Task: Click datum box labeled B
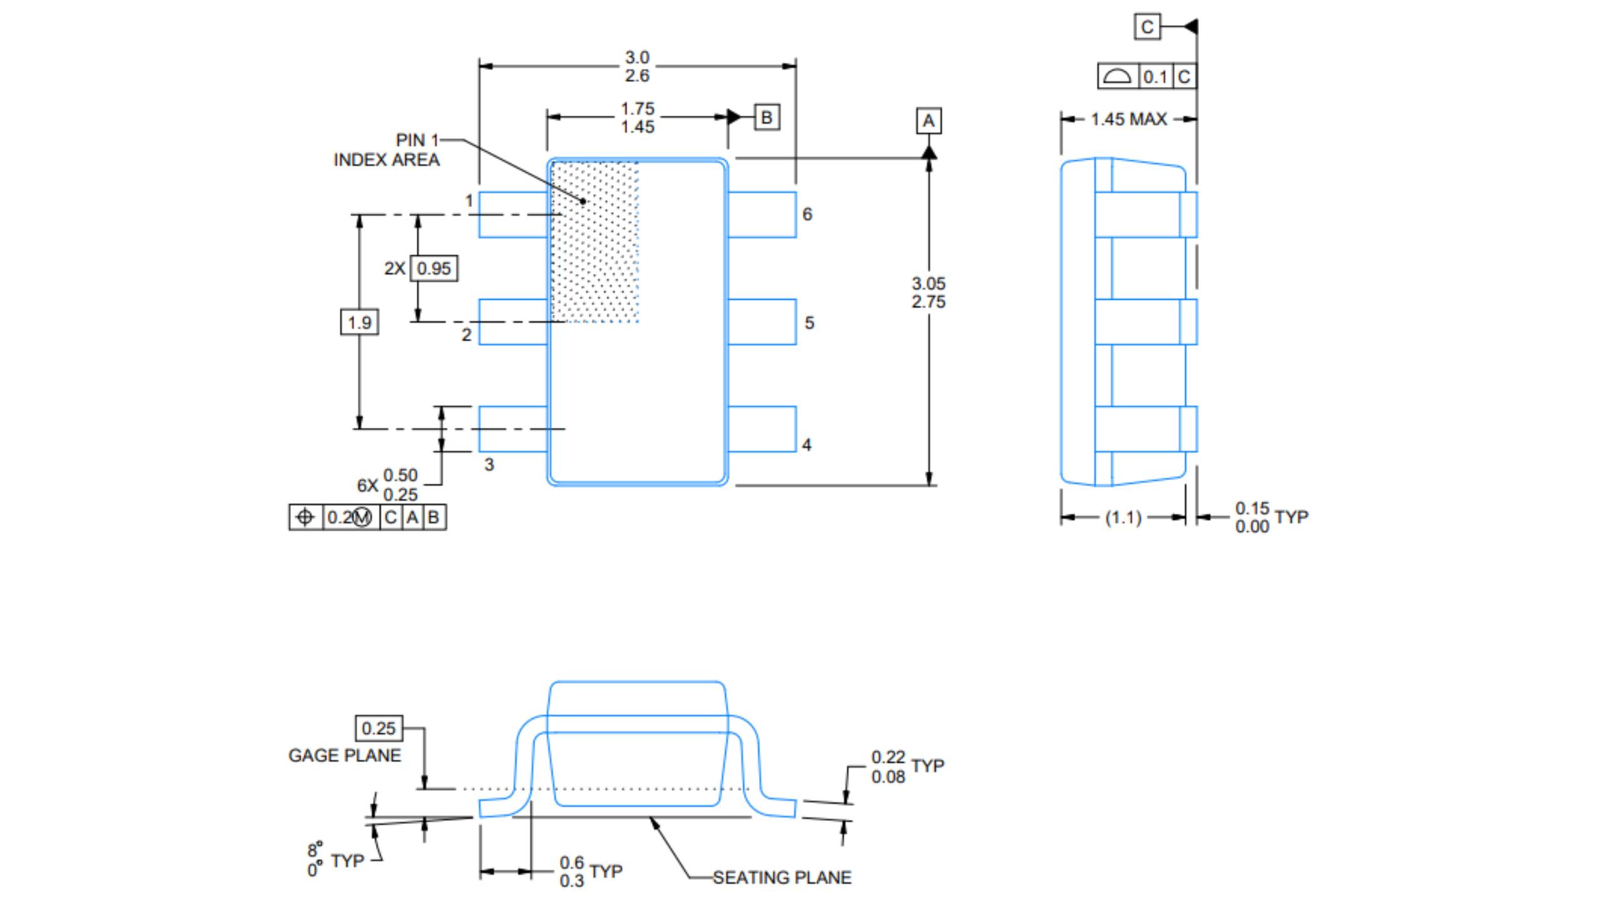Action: (x=767, y=118)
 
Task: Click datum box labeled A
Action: (x=929, y=121)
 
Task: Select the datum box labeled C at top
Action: (x=1147, y=27)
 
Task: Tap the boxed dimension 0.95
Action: (x=434, y=268)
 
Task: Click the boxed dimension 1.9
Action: (x=359, y=323)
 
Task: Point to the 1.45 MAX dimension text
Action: (x=1129, y=119)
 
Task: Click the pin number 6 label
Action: (x=807, y=215)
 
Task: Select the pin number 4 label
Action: (x=807, y=445)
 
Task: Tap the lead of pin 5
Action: (x=762, y=322)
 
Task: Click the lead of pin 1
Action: (x=513, y=215)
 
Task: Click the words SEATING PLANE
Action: (x=782, y=878)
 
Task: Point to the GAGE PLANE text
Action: (x=344, y=756)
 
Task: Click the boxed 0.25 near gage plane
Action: (x=379, y=728)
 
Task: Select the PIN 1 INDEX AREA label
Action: (x=387, y=150)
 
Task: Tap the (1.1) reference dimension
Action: (x=1123, y=518)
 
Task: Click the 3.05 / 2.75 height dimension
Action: (x=929, y=293)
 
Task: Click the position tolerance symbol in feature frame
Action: (x=305, y=517)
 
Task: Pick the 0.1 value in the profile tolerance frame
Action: (x=1155, y=77)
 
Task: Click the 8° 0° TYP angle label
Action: (x=334, y=860)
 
